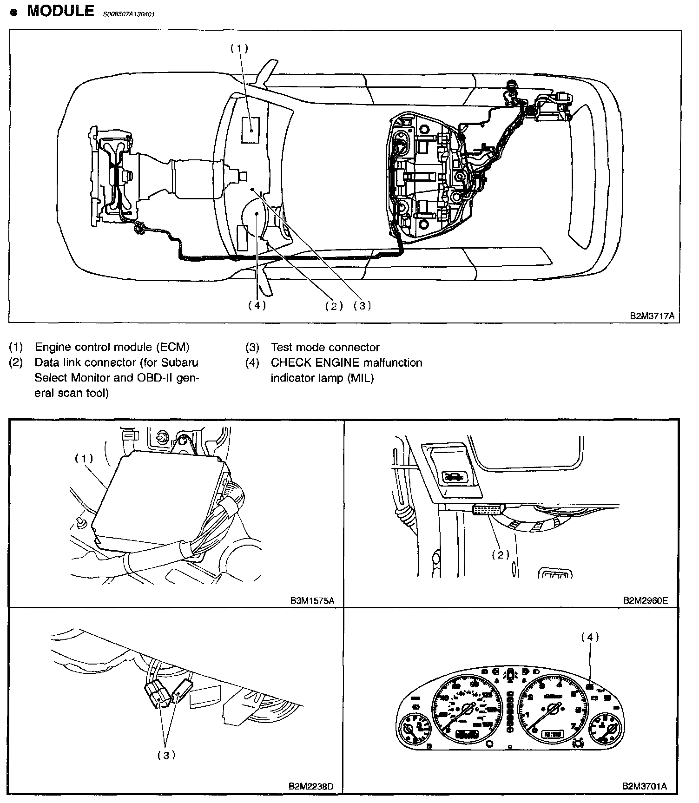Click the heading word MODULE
coord(60,11)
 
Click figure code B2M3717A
coord(652,316)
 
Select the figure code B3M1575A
coord(312,600)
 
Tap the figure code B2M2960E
coord(645,600)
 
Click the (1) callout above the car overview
coord(240,48)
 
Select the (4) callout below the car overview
coord(257,305)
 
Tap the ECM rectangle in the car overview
coord(251,130)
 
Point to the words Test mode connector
coord(325,347)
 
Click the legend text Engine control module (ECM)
coord(112,347)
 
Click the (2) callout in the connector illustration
coord(501,554)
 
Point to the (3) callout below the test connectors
coord(166,755)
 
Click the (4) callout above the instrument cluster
coord(590,637)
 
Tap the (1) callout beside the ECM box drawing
coord(84,458)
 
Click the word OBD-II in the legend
coord(166,378)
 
